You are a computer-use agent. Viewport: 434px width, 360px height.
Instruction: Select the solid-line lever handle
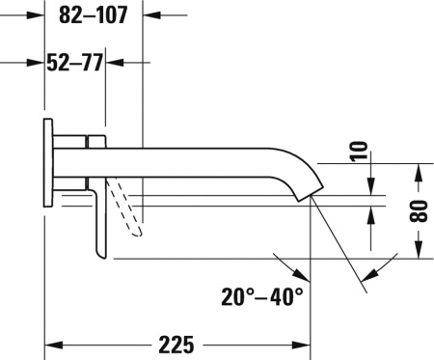[98, 222]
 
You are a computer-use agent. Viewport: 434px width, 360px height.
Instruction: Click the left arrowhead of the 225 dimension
[53, 345]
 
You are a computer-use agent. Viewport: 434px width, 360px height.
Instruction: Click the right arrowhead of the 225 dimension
[301, 345]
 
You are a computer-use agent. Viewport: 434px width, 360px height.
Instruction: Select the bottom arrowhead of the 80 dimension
[418, 251]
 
